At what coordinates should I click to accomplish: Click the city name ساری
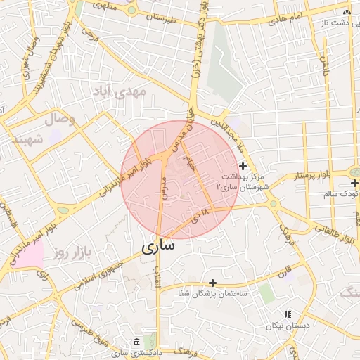point(157,247)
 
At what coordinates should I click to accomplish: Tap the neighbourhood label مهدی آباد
point(118,91)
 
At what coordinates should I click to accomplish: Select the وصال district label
point(60,120)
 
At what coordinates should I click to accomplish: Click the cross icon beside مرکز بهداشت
point(243,166)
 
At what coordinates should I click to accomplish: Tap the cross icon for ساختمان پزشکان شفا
point(213,282)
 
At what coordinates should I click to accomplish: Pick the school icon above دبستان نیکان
point(287,314)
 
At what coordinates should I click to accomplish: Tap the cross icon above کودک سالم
point(355,183)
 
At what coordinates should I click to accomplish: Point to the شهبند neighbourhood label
point(27,139)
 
